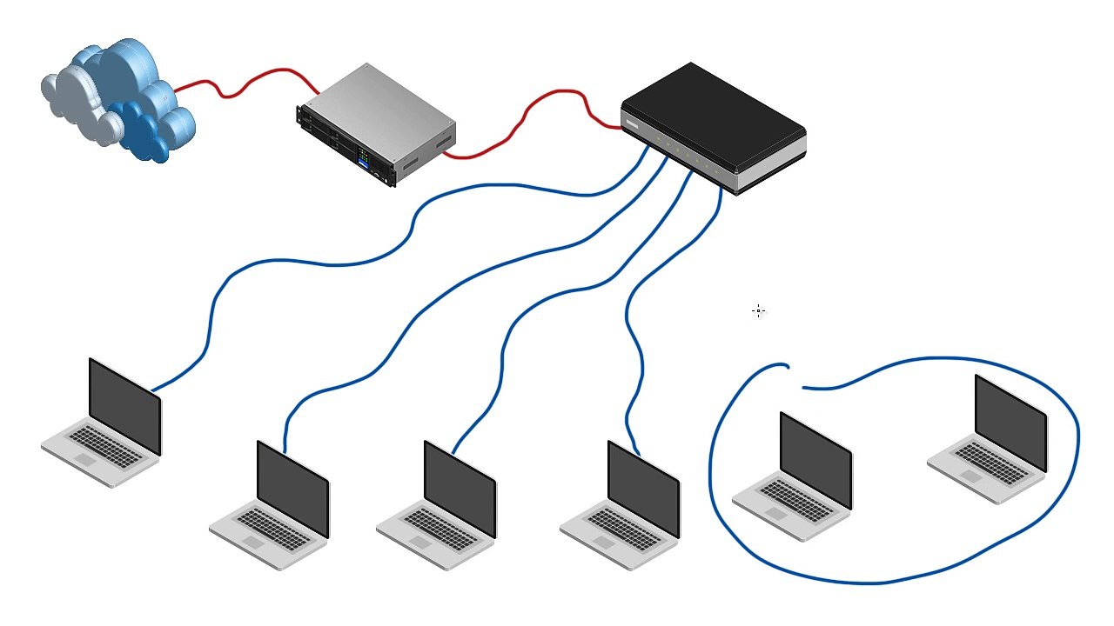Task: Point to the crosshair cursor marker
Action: [759, 310]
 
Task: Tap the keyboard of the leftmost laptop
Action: [104, 444]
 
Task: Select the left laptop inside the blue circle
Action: [796, 478]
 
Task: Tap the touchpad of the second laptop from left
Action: [253, 542]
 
